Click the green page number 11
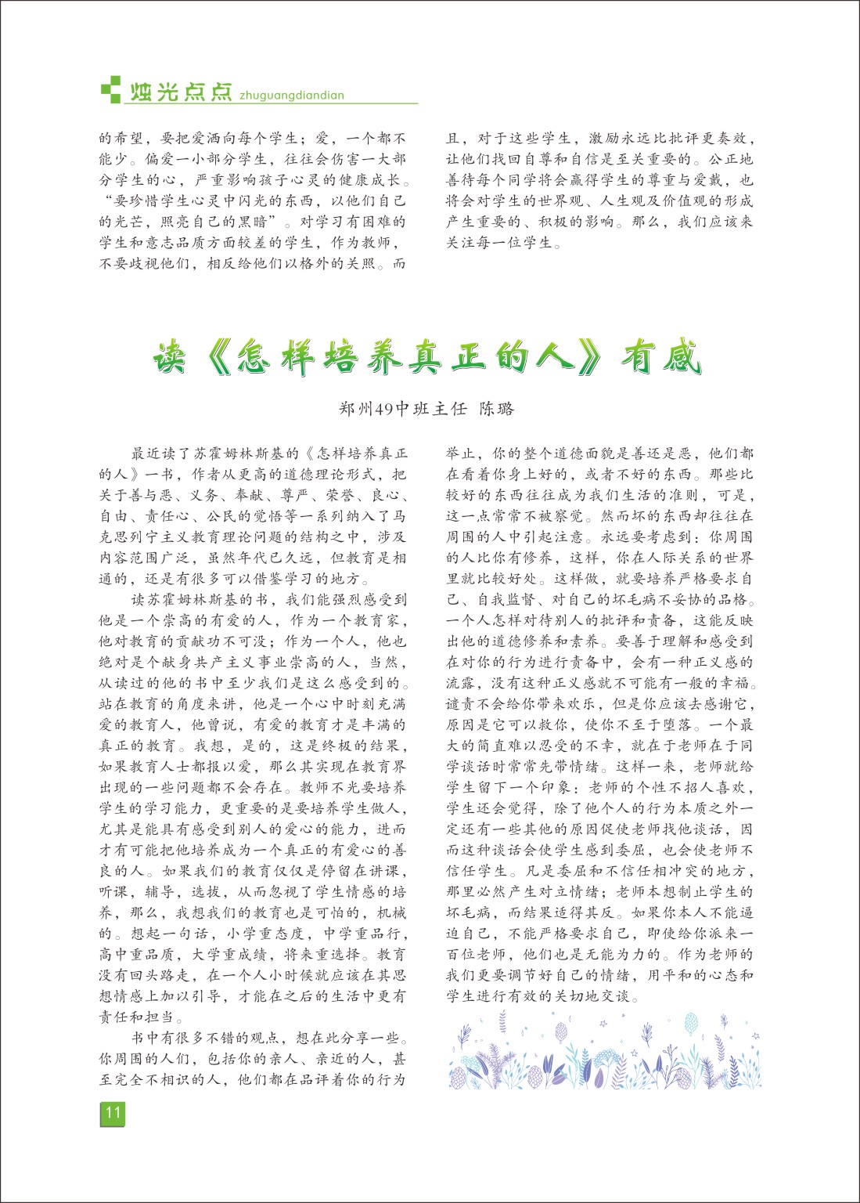tap(113, 1114)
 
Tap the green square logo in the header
tap(111, 89)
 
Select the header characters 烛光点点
tap(181, 92)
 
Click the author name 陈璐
tap(497, 408)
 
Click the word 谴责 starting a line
tap(462, 704)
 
